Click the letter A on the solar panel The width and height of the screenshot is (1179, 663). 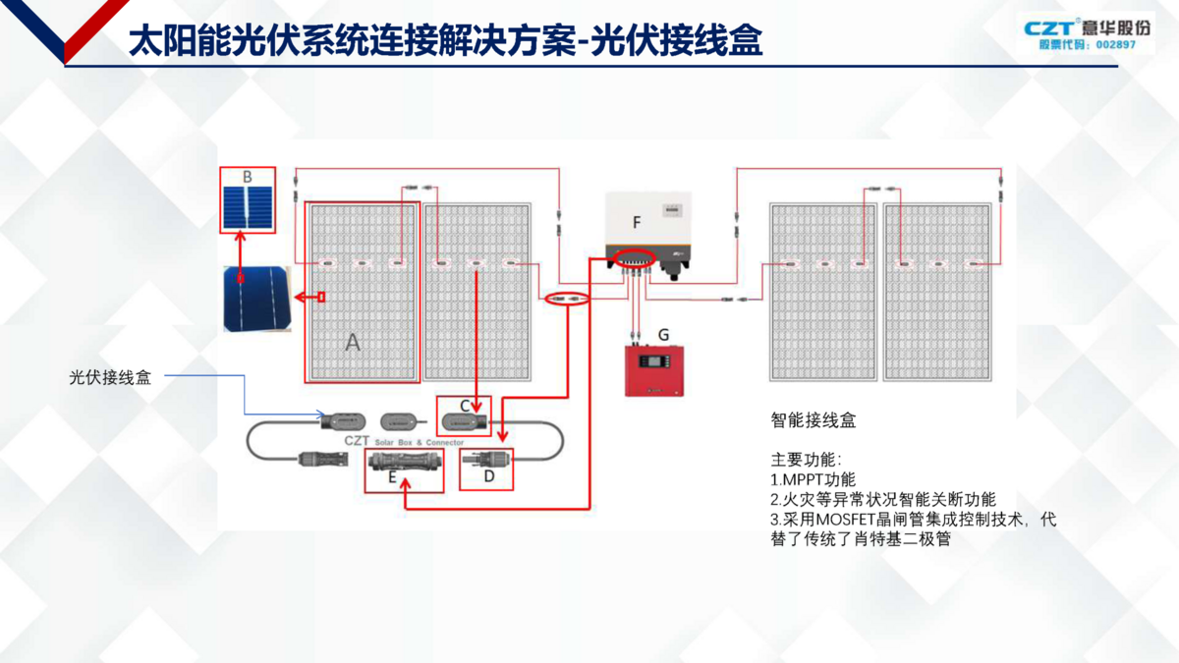pos(353,343)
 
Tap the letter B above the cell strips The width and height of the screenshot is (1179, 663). pos(248,177)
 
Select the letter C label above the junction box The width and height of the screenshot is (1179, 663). pos(466,405)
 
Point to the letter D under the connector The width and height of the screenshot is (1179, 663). pos(490,477)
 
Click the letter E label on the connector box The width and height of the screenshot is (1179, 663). pos(392,477)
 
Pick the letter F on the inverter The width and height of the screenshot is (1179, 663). pos(637,223)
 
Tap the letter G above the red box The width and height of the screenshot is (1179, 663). pos(663,335)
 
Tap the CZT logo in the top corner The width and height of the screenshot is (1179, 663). pos(1048,28)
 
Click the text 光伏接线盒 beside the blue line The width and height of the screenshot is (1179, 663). pos(110,376)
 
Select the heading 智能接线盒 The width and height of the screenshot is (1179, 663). pos(814,420)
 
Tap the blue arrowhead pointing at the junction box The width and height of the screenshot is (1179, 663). pos(321,414)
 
